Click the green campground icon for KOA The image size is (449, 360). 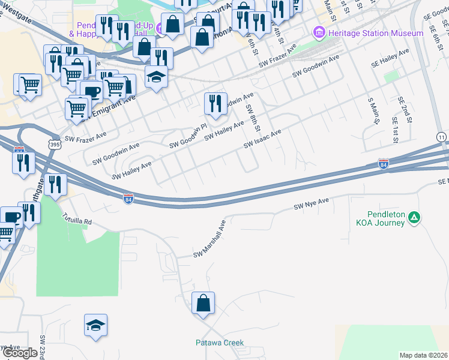(414, 218)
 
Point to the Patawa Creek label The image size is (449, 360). (220, 343)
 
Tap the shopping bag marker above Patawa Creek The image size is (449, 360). (203, 304)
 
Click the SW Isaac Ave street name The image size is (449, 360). (262, 140)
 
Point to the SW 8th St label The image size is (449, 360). (253, 118)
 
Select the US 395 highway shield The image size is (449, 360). (55, 145)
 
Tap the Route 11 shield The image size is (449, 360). (442, 138)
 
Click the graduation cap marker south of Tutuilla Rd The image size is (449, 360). (95, 325)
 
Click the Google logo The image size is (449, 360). (20, 353)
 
